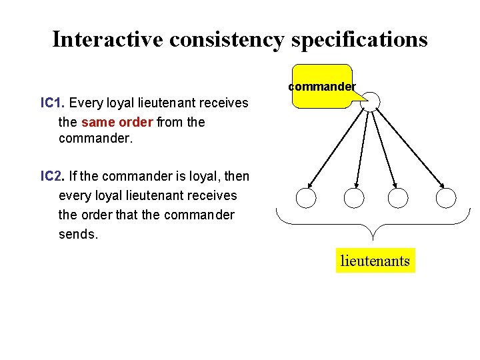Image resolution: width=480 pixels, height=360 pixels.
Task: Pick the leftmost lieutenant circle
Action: (x=306, y=197)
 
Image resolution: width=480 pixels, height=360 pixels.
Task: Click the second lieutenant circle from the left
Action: (x=353, y=197)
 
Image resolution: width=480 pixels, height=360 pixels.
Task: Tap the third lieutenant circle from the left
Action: (x=398, y=197)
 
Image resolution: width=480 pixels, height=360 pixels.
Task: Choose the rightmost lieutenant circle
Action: (x=445, y=197)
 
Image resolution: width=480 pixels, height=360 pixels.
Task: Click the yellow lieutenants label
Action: (x=375, y=260)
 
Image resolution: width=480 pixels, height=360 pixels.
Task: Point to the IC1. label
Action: (x=53, y=103)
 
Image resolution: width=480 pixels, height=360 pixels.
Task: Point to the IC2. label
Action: (x=53, y=177)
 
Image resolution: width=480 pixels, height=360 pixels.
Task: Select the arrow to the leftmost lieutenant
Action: (x=337, y=149)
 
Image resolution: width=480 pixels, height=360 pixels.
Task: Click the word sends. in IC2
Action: (x=78, y=234)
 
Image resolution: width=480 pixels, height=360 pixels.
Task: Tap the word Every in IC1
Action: (x=83, y=103)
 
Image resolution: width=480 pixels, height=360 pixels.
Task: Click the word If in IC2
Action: (x=73, y=177)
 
